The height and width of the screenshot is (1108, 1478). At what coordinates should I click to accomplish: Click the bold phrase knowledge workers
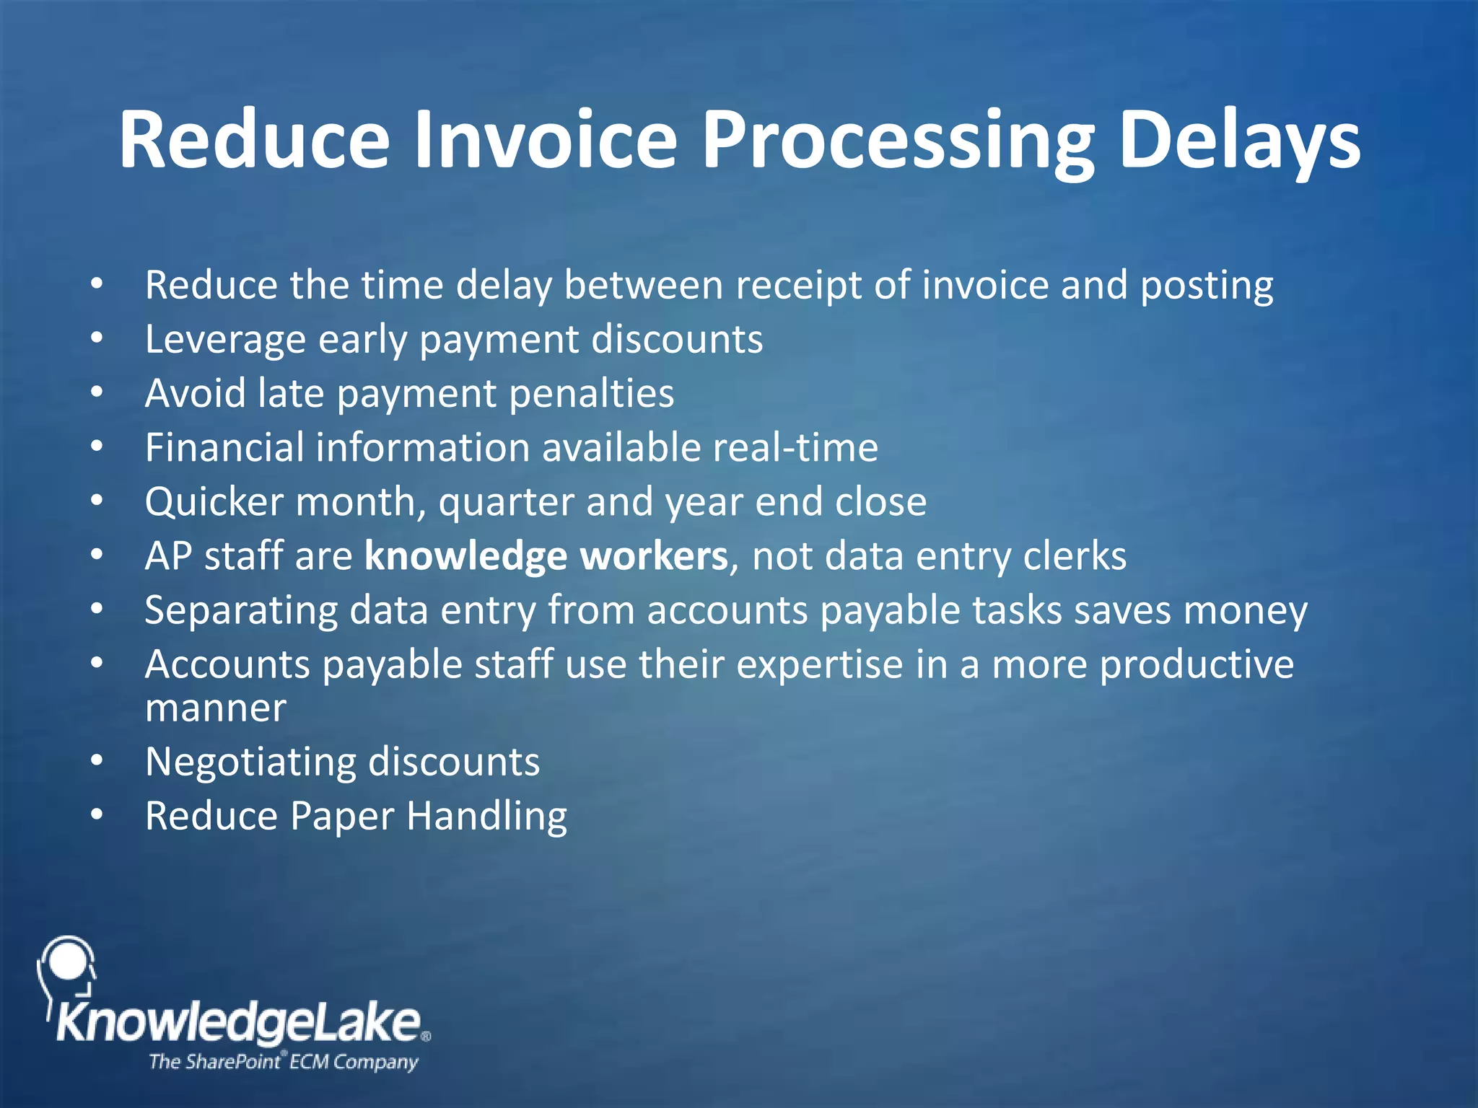click(546, 556)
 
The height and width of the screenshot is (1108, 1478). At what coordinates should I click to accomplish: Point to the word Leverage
click(224, 340)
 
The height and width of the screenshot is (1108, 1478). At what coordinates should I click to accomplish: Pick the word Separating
click(240, 610)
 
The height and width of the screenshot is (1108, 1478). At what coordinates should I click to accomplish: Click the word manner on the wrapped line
click(215, 708)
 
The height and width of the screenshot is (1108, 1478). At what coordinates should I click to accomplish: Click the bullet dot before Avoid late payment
click(97, 392)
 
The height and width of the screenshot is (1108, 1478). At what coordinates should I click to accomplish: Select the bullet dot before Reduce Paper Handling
click(97, 815)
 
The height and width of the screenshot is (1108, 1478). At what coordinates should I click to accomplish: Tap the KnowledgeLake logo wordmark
click(238, 1023)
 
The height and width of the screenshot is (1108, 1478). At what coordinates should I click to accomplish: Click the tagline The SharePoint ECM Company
click(283, 1062)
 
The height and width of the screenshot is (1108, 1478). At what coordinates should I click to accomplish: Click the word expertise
click(819, 664)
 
